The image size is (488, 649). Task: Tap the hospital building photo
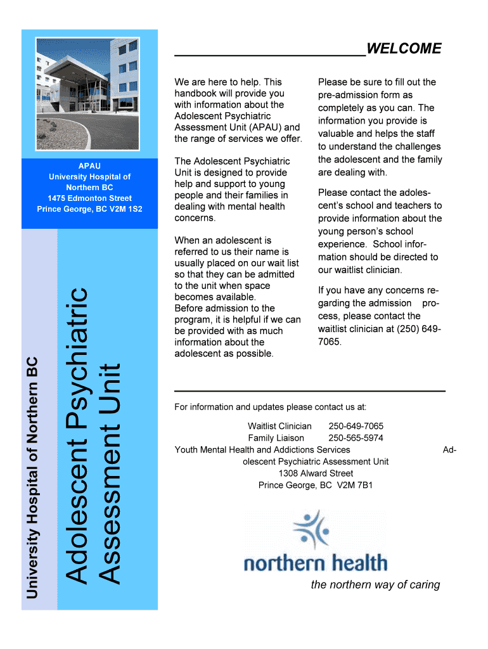point(89,93)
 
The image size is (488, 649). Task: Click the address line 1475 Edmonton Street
point(89,198)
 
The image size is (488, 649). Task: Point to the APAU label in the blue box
point(89,165)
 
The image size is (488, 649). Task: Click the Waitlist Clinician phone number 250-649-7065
point(356,426)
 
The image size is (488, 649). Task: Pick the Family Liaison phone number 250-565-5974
point(356,438)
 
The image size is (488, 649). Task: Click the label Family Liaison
point(276,438)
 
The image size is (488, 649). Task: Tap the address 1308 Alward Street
point(316,473)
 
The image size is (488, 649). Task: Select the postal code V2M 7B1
point(355,485)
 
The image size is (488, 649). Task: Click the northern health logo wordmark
point(315,562)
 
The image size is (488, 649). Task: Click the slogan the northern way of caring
point(375,584)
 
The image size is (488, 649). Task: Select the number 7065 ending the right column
point(330,342)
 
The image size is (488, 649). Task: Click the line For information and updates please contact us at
point(270,407)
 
